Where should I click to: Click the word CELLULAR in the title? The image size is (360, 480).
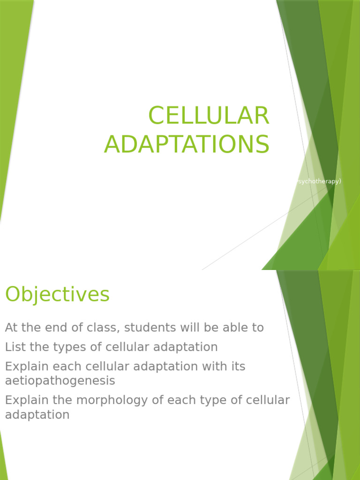coord(209,116)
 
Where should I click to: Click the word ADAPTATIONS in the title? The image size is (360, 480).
coord(187,144)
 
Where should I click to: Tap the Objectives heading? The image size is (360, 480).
coord(57,294)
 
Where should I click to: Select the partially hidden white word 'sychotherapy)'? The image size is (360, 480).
coord(319,181)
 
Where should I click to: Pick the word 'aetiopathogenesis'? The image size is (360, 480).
coord(60,380)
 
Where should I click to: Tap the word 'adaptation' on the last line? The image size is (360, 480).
coord(37,415)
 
